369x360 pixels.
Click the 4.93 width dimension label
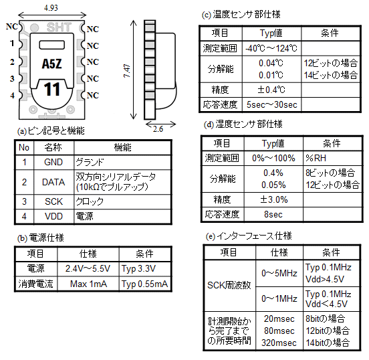point(51,8)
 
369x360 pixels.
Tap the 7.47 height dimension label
point(127,71)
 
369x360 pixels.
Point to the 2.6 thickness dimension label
point(158,129)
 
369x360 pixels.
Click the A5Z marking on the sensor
point(51,64)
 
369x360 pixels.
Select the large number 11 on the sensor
point(52,89)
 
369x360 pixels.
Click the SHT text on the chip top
point(59,27)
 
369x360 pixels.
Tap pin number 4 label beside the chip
point(12,96)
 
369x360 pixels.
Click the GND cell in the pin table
point(53,162)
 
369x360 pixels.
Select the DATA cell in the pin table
point(53,182)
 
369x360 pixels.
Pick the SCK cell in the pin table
point(53,201)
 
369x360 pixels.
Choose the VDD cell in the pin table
point(53,216)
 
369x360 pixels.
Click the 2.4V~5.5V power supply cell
point(88,268)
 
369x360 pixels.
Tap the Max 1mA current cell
point(88,284)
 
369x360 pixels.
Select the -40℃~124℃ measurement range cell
point(271,48)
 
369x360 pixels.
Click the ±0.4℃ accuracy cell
point(271,90)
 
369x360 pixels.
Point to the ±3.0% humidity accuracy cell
point(273,199)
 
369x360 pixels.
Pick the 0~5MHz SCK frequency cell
point(279,273)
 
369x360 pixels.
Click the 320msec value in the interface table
point(279,343)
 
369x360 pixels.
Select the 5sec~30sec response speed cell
point(272,104)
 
